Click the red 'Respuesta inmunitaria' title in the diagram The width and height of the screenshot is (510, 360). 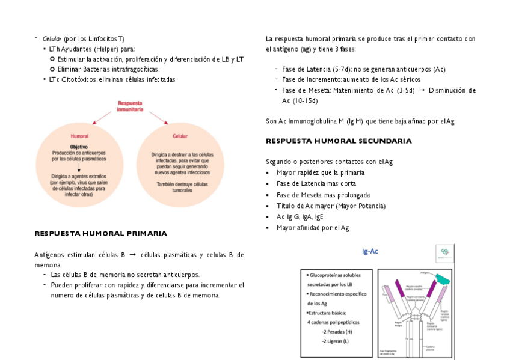pyautogui.click(x=130, y=107)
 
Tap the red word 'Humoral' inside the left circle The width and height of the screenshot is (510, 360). pyautogui.click(x=79, y=136)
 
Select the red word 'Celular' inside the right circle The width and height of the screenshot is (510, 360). pyautogui.click(x=180, y=136)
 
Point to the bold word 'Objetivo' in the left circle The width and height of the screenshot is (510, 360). pyautogui.click(x=79, y=147)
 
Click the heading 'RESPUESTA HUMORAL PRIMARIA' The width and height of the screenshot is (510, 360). pyautogui.click(x=100, y=233)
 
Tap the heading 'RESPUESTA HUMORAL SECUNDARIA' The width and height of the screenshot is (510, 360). pyautogui.click(x=339, y=141)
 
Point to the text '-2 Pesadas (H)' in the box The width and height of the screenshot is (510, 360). pyautogui.click(x=337, y=332)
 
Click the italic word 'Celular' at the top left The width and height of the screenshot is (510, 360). pyautogui.click(x=52, y=39)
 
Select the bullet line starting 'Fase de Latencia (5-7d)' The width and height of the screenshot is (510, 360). pyautogui.click(x=363, y=69)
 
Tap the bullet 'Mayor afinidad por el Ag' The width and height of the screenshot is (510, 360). pyautogui.click(x=313, y=228)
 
